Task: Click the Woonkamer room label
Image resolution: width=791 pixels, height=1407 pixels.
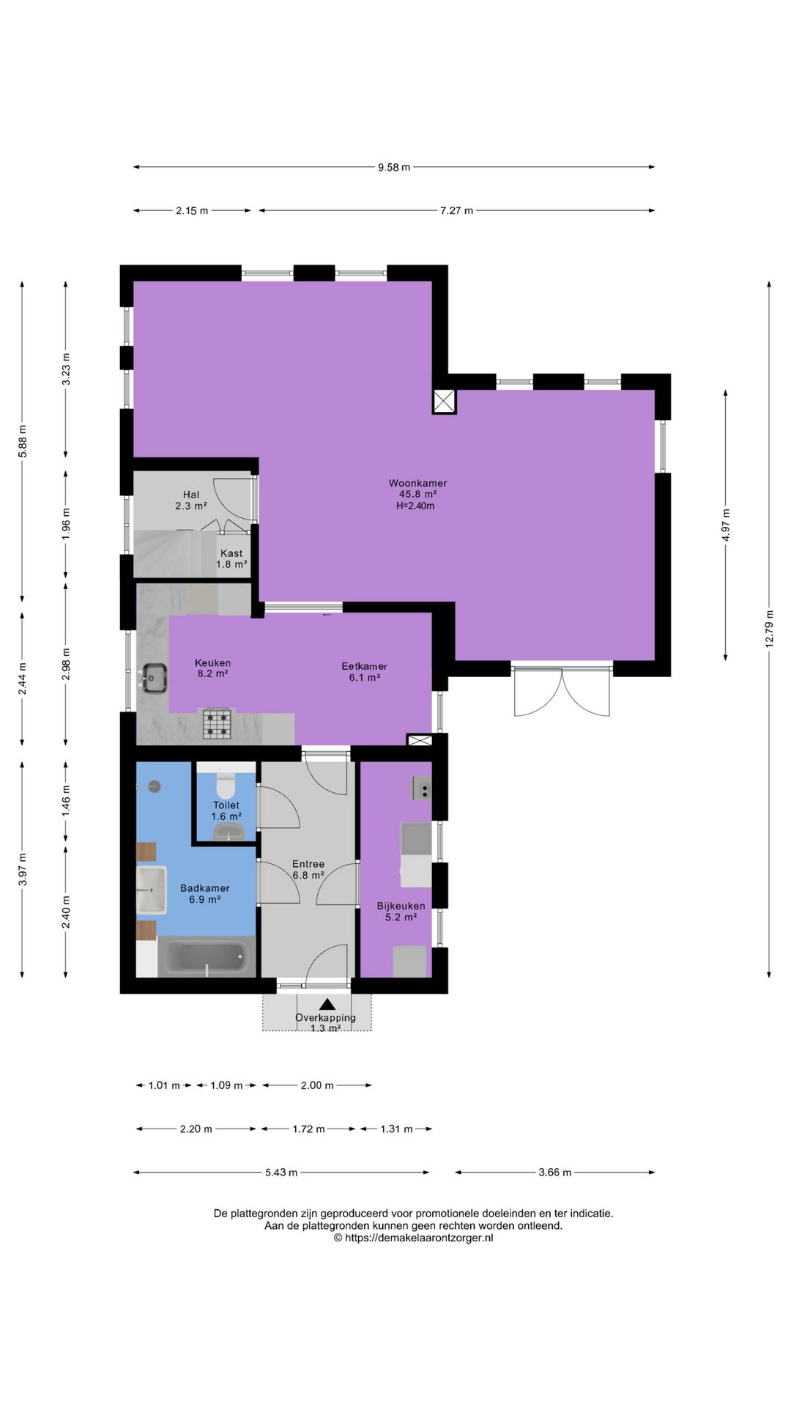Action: tap(417, 483)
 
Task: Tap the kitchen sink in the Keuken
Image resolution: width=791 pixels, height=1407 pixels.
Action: tap(155, 677)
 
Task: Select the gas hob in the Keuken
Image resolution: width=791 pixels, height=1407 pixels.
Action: tap(217, 723)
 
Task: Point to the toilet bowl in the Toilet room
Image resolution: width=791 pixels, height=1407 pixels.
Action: tap(226, 783)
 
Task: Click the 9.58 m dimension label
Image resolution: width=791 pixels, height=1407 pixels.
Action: tap(394, 167)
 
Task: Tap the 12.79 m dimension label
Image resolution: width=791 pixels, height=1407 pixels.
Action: tap(769, 629)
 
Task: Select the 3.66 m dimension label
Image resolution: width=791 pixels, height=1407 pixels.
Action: tap(554, 1172)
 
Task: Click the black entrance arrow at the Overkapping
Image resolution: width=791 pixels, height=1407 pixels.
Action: tap(327, 1004)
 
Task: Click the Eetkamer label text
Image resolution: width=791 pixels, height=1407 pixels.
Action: tap(364, 666)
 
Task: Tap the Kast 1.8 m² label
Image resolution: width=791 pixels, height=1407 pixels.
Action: tap(231, 559)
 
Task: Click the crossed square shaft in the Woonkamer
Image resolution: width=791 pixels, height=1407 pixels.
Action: tap(444, 402)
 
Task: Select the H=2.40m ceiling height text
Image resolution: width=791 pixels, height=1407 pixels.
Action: tap(415, 506)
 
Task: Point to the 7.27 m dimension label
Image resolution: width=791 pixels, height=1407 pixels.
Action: tap(456, 211)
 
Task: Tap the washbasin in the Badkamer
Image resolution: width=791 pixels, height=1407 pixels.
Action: tap(152, 890)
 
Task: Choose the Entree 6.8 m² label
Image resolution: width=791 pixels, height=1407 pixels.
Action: tap(308, 870)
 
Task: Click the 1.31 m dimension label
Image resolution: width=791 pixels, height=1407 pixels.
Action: tap(396, 1129)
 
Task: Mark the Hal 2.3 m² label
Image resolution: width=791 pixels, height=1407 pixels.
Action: tap(190, 501)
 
